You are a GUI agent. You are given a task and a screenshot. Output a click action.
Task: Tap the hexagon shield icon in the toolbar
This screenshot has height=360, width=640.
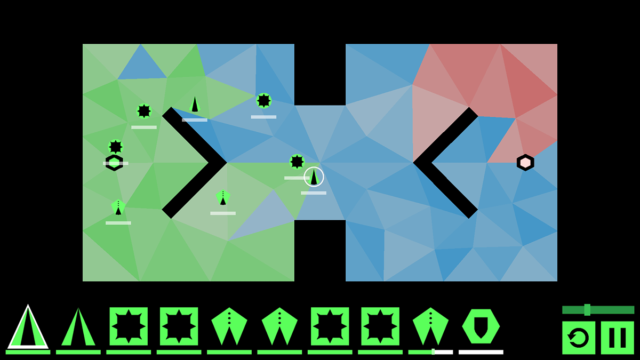(481, 326)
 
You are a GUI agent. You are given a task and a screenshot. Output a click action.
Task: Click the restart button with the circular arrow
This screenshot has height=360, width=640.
(579, 338)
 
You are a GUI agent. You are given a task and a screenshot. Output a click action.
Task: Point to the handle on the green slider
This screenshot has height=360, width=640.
(587, 310)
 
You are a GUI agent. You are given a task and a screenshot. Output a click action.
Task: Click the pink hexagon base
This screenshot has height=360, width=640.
(525, 163)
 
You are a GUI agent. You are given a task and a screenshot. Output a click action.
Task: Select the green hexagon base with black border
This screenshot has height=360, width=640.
(114, 163)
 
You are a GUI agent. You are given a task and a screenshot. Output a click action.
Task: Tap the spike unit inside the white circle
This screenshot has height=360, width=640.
(314, 177)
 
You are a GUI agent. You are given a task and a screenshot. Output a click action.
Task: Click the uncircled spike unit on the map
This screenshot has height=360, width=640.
(195, 104)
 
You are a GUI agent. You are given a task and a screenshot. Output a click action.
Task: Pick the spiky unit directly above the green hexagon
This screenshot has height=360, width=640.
(116, 147)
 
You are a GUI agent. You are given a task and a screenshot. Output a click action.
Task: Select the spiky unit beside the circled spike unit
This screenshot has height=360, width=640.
(297, 162)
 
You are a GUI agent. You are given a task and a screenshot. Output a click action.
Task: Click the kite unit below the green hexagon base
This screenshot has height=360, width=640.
(118, 207)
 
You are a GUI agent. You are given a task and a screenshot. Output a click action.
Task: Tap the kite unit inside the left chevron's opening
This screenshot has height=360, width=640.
(223, 197)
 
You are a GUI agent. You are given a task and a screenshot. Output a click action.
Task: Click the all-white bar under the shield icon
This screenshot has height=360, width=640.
(481, 352)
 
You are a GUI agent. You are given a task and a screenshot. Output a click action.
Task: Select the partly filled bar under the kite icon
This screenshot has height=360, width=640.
(431, 352)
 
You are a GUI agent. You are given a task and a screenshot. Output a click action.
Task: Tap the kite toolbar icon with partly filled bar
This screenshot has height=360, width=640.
(431, 326)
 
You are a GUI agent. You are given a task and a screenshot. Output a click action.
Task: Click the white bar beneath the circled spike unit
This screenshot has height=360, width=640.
(314, 193)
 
